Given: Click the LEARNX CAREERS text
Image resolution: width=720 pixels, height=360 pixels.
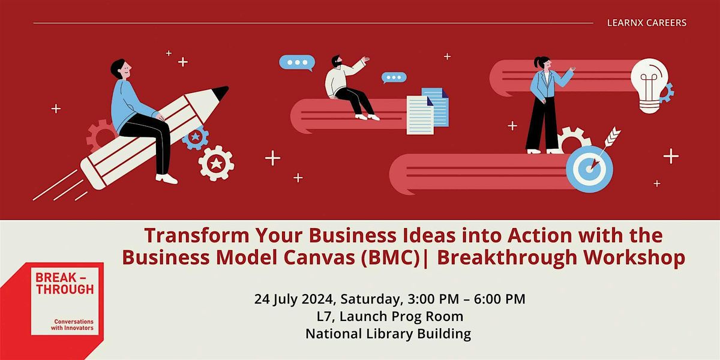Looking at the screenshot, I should [646, 23].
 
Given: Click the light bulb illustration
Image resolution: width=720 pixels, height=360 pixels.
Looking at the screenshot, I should [650, 85].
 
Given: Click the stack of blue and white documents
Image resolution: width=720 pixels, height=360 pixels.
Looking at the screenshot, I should [428, 110].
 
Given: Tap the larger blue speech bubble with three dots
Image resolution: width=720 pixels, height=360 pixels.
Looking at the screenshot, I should [297, 62].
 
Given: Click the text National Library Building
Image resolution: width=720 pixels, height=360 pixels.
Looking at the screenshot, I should [388, 334].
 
